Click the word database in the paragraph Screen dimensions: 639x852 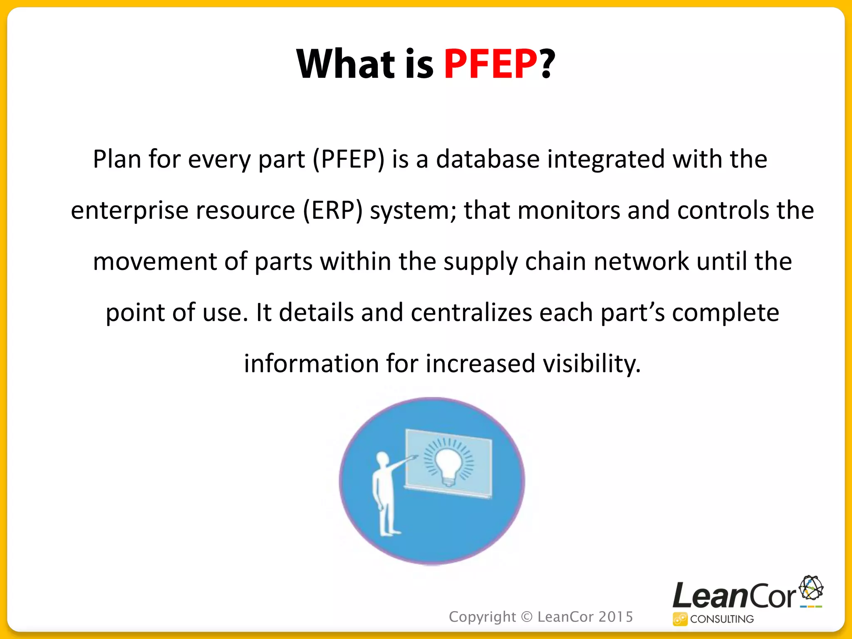click(x=488, y=159)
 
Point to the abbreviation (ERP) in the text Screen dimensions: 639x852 click(x=332, y=210)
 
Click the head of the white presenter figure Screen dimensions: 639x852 click(x=382, y=459)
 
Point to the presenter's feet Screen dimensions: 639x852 click(x=389, y=532)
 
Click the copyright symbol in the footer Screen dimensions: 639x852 click(x=527, y=617)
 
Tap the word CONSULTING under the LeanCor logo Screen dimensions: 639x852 click(x=722, y=619)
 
